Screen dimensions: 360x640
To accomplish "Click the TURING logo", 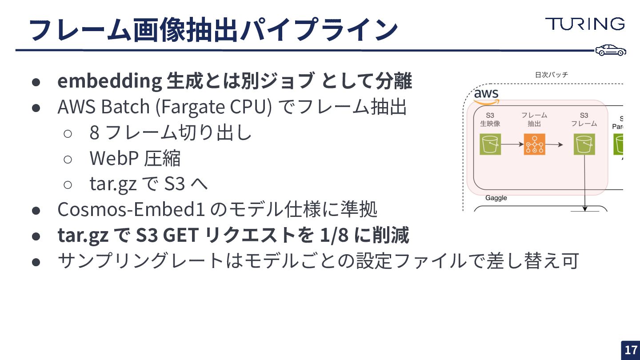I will pos(585,24).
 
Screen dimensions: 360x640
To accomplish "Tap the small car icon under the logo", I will pos(611,50).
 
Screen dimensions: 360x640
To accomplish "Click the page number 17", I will pos(631,350).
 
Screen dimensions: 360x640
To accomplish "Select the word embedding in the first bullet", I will pos(109,81).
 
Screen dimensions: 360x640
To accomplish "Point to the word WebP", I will pos(114,158).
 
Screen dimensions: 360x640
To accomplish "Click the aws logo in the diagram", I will pos(486,95).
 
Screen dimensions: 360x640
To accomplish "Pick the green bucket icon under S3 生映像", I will pos(490,144).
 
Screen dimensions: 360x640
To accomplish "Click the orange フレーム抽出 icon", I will pos(534,144).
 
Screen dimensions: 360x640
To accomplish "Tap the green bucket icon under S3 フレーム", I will pos(584,144).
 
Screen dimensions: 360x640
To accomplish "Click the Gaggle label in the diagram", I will pos(496,198).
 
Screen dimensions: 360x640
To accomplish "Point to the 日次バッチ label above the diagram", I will pos(551,75).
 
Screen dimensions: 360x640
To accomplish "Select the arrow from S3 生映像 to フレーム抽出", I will pos(512,144).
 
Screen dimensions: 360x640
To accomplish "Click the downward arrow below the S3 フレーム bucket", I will pos(585,182).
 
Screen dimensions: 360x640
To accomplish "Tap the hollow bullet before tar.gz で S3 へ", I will pos(68,184).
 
